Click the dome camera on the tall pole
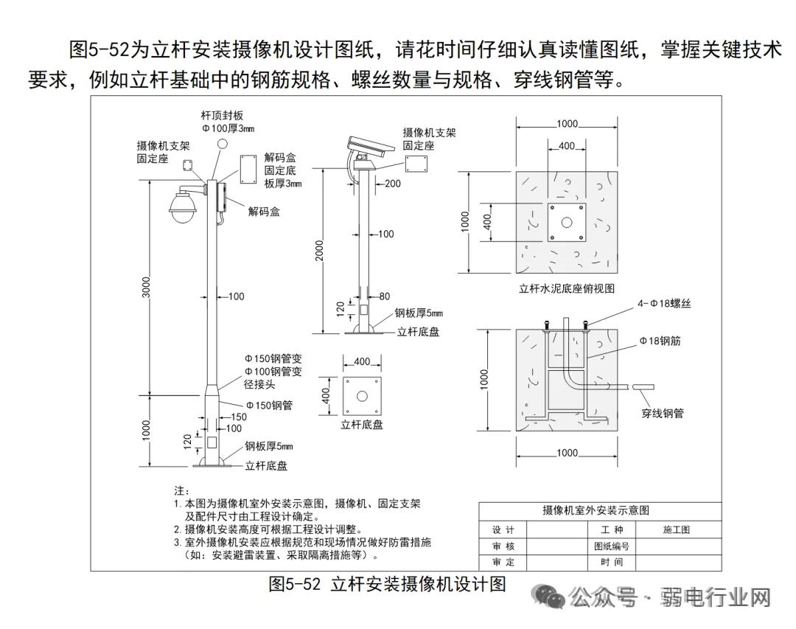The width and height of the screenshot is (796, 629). [x=181, y=207]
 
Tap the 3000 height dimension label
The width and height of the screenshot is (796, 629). [x=146, y=288]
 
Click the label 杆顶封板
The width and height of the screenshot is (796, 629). [x=222, y=116]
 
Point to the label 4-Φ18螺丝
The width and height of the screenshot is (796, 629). [x=664, y=303]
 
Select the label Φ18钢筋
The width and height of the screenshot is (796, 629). [x=660, y=341]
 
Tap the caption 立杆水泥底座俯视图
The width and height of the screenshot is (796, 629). [x=566, y=288]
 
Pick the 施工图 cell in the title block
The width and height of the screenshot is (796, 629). [x=676, y=529]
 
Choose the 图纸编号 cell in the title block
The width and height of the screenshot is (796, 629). [x=612, y=546]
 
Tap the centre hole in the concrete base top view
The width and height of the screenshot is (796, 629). [x=566, y=223]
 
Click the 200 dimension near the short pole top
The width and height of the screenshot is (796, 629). [x=393, y=183]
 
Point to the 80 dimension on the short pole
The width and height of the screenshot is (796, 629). [x=384, y=296]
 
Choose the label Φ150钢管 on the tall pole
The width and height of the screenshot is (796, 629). [x=269, y=405]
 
